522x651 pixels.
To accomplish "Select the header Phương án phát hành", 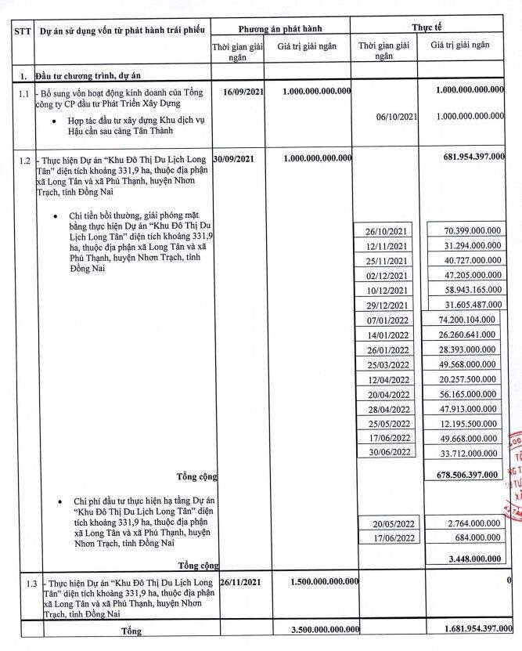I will [x=280, y=27].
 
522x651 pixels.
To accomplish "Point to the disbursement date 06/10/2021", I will [x=399, y=117].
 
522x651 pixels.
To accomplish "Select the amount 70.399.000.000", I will [x=464, y=231].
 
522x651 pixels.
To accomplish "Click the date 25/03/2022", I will [x=388, y=365].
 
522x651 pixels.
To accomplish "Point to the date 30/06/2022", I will [x=388, y=453].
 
